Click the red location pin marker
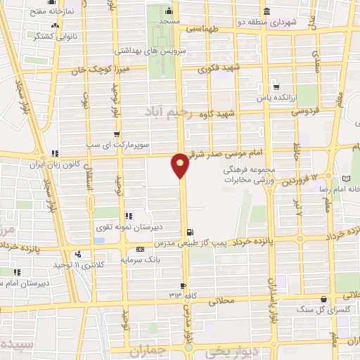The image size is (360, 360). (180, 165)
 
